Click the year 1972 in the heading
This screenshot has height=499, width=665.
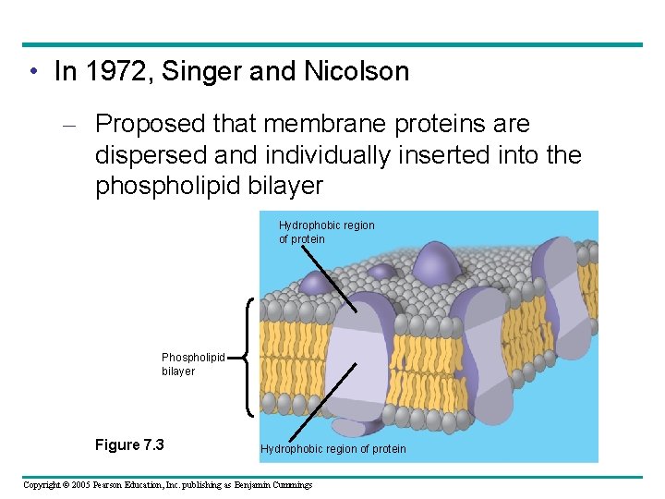point(117,72)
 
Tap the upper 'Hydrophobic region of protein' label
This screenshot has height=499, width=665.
point(326,232)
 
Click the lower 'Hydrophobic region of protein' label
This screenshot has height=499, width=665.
point(332,449)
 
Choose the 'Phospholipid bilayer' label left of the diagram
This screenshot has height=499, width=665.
point(192,363)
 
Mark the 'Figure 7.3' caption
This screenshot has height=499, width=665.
point(129,445)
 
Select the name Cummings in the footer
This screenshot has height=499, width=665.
point(288,485)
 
